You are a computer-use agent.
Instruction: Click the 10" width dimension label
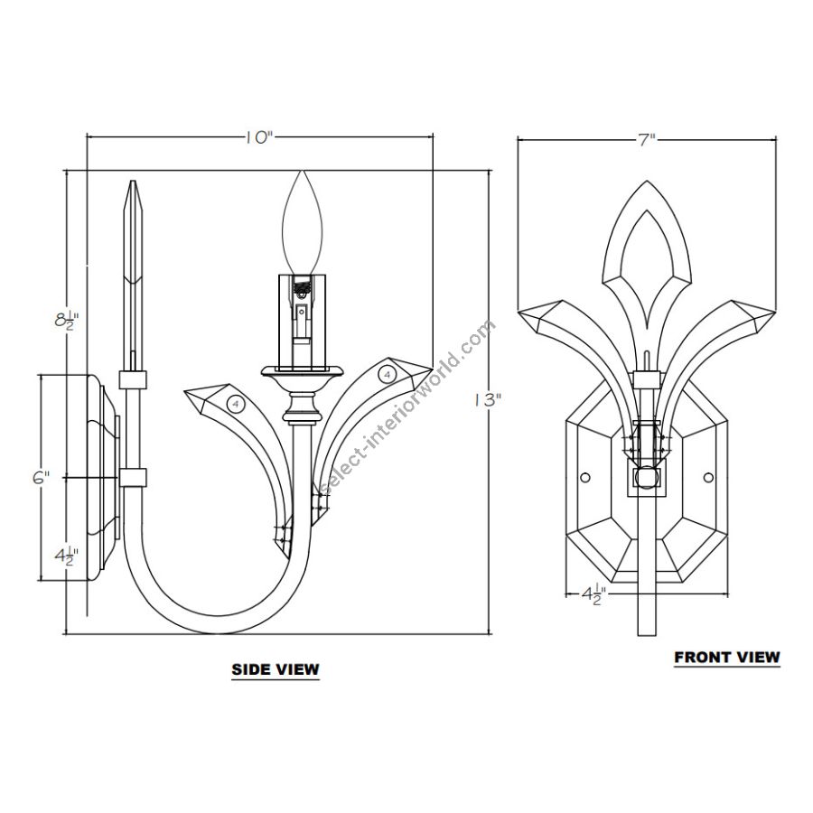(x=258, y=137)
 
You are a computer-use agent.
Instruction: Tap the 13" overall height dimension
(x=488, y=400)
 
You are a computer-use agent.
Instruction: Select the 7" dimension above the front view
(x=647, y=139)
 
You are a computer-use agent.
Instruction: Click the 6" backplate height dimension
(x=41, y=478)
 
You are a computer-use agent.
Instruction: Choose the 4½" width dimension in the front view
(x=593, y=594)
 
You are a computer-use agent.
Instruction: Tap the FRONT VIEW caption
(x=727, y=657)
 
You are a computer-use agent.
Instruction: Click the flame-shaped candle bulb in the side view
(x=303, y=223)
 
